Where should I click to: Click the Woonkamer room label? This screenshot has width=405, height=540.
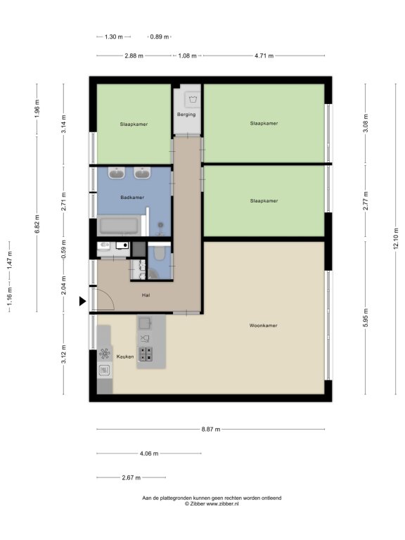pyautogui.click(x=263, y=326)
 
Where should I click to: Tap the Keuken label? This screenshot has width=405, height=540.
pyautogui.click(x=125, y=356)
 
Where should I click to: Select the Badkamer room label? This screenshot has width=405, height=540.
pyautogui.click(x=132, y=198)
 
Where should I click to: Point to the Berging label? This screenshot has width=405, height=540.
pyautogui.click(x=186, y=115)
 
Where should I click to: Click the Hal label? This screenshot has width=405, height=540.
pyautogui.click(x=146, y=295)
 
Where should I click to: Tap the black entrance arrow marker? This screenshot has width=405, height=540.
pyautogui.click(x=82, y=302)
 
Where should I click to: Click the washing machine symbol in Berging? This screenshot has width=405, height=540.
pyautogui.click(x=193, y=99)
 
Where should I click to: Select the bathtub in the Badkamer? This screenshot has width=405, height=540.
pyautogui.click(x=119, y=226)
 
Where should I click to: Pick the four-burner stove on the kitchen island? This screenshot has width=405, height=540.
pyautogui.click(x=146, y=354)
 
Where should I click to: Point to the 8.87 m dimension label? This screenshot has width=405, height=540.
pyautogui.click(x=211, y=430)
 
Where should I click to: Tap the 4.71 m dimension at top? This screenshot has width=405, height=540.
pyautogui.click(x=264, y=56)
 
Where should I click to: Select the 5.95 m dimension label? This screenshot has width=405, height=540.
pyautogui.click(x=366, y=318)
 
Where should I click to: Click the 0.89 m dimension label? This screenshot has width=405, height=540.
pyautogui.click(x=160, y=37)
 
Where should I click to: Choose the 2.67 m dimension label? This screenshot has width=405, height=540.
pyautogui.click(x=131, y=477)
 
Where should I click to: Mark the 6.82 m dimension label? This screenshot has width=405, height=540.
pyautogui.click(x=37, y=224)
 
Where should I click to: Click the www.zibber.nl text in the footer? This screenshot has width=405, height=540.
pyautogui.click(x=222, y=503)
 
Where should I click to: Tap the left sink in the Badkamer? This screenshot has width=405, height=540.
pyautogui.click(x=117, y=173)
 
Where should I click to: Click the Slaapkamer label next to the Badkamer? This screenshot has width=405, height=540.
pyautogui.click(x=134, y=124)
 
